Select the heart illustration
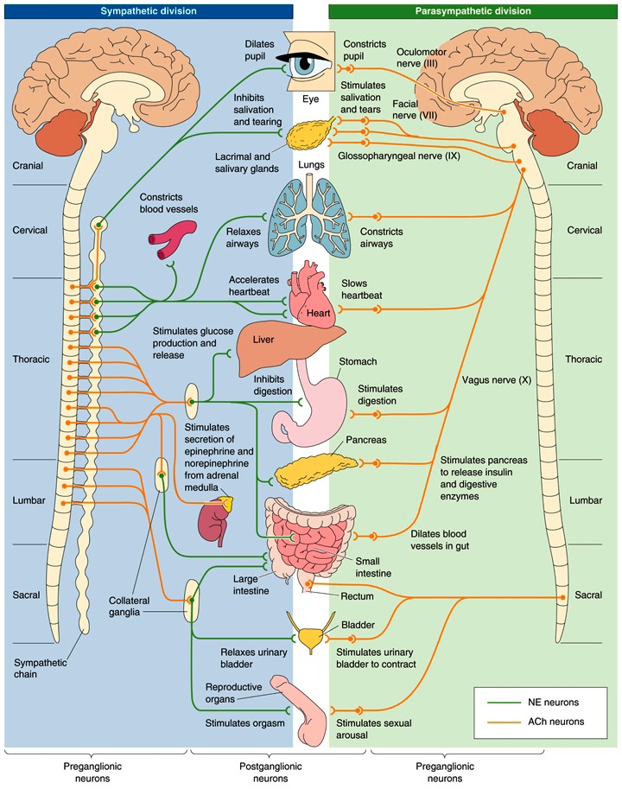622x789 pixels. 310,298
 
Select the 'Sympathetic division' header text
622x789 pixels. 148,11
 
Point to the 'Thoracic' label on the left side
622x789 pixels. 31,359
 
